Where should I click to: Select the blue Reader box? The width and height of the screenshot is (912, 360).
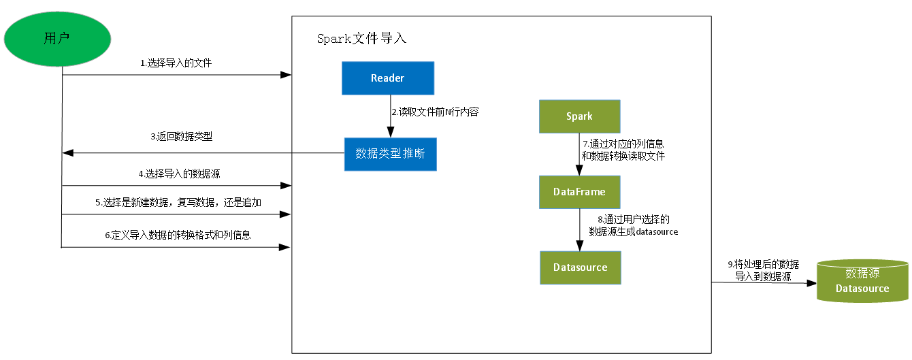tap(387, 78)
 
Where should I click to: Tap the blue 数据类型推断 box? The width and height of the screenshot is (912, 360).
tap(390, 154)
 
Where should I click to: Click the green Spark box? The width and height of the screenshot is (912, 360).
tap(579, 116)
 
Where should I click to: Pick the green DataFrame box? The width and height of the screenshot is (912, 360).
tap(579, 192)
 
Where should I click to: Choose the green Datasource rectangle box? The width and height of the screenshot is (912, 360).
tap(580, 267)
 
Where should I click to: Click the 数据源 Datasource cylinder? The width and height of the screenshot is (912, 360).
tap(862, 280)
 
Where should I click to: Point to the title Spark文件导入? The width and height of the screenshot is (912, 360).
tap(361, 39)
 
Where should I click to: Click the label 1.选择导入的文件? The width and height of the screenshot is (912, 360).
tap(176, 63)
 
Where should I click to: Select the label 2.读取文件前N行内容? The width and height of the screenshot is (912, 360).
tap(434, 112)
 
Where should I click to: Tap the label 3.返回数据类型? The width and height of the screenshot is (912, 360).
tap(181, 137)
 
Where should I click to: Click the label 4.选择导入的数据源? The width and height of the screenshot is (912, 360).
tap(182, 174)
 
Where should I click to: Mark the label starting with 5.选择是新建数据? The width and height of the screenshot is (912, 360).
tap(178, 203)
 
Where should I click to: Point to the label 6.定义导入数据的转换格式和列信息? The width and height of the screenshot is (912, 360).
tap(177, 235)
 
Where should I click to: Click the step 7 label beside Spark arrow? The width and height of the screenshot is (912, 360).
tap(622, 150)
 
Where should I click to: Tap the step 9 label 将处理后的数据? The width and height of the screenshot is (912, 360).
tap(762, 269)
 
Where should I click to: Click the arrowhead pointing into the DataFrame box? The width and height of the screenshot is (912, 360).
tap(579, 171)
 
